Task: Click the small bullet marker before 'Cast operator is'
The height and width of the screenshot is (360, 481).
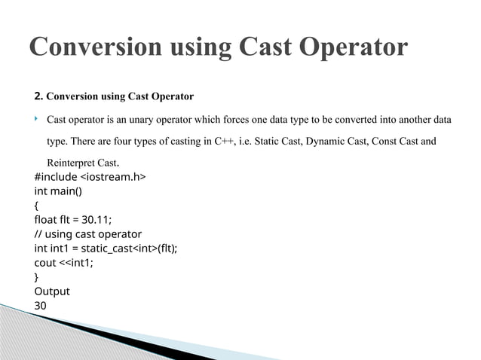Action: pyautogui.click(x=36, y=119)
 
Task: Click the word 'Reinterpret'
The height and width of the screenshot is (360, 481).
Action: pyautogui.click(x=70, y=163)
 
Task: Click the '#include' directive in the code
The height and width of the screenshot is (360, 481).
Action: pyautogui.click(x=56, y=177)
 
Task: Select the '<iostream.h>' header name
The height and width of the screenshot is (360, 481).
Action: pyautogui.click(x=113, y=177)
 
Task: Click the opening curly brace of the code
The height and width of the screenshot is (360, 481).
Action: pyautogui.click(x=37, y=206)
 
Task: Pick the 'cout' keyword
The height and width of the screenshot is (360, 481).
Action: pyautogui.click(x=45, y=263)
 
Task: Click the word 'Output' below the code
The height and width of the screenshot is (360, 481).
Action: pyautogui.click(x=52, y=291)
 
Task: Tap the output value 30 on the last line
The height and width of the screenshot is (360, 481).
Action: pyautogui.click(x=41, y=306)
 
